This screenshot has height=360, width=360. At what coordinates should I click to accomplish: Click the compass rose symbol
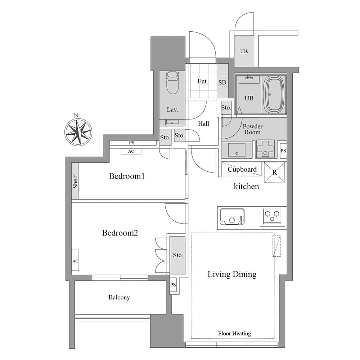[78, 131]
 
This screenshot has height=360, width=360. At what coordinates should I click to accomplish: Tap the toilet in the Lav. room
[172, 83]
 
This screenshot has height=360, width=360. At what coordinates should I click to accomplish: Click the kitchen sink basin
[232, 216]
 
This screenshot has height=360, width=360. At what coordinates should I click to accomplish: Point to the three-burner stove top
[272, 216]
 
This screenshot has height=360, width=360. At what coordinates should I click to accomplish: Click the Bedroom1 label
[127, 176]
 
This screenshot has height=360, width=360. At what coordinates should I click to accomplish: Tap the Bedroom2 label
[120, 233]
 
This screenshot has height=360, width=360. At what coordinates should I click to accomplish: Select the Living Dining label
[232, 274]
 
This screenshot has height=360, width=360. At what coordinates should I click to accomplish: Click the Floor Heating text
[234, 333]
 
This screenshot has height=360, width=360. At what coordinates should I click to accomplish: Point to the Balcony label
[119, 297]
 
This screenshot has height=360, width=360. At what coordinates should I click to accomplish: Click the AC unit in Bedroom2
[75, 260]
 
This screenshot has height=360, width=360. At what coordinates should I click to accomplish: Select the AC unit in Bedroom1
[131, 151]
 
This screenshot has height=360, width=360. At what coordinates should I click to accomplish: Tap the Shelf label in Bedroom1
[75, 181]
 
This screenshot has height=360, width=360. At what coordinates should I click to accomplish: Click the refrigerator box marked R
[274, 172]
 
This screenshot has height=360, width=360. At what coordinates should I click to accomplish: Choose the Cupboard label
[242, 170]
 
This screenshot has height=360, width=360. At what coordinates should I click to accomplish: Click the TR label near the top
[244, 51]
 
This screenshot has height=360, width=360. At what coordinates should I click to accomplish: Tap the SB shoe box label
[222, 82]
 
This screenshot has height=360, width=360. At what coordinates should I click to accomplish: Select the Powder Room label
[253, 129]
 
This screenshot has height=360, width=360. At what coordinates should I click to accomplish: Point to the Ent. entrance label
[202, 81]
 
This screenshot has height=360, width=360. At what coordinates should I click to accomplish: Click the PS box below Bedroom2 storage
[173, 285]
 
